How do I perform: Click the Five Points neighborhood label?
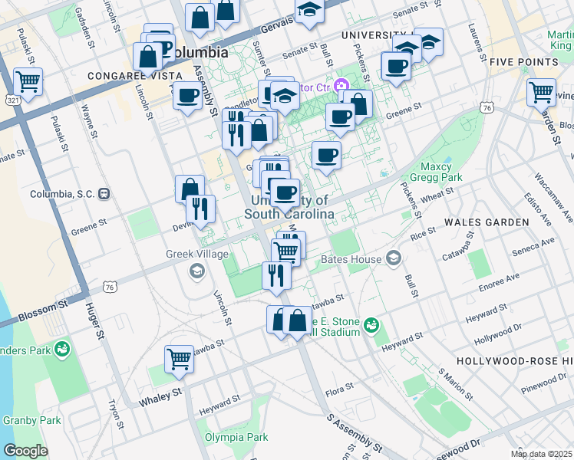click(517, 61)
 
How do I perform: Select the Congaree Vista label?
click(134, 76)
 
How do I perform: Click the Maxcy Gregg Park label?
click(440, 172)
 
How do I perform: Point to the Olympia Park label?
click(236, 438)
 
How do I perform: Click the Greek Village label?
click(197, 255)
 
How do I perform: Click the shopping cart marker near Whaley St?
click(179, 358)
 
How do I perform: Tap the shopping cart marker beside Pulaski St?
click(28, 80)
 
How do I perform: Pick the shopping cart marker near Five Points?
click(541, 92)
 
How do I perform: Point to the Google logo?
click(25, 451)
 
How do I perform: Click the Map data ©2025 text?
click(542, 454)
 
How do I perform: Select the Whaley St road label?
click(160, 397)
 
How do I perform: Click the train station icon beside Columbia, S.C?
click(104, 193)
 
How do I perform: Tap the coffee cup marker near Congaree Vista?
click(187, 96)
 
